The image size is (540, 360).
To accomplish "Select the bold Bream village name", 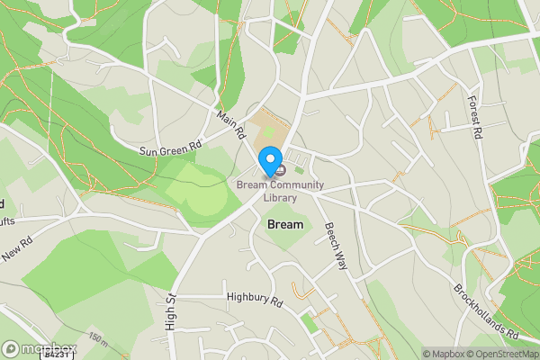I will coord(285,224).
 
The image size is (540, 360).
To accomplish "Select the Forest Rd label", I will coord(474,117).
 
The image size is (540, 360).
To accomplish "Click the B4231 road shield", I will coord(57,355).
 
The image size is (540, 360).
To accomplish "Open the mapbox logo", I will coord(40,348).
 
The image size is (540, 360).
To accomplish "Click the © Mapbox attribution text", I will coord(445,354).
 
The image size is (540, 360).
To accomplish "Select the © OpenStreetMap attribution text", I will coord(504,354).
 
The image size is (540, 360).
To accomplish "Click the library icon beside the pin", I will coord(281,169).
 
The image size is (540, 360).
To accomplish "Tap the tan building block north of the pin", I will coord(268,130).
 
